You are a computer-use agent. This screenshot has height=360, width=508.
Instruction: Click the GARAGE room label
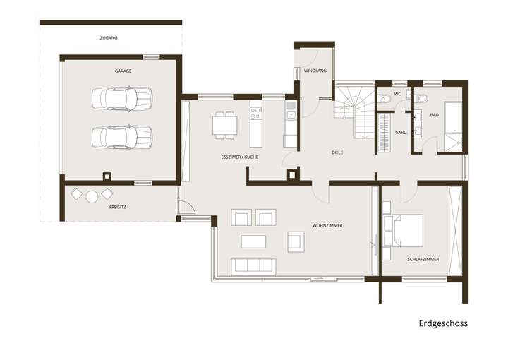coord(123,71)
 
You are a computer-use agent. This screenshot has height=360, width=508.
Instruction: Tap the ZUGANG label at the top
coord(109,37)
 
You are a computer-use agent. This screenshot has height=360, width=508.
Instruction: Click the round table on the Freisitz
coord(92,197)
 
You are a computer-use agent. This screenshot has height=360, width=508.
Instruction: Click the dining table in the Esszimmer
coord(225,125)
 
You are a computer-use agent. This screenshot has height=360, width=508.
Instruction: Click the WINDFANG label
coord(315,71)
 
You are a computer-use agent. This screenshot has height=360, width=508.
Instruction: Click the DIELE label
coord(337,152)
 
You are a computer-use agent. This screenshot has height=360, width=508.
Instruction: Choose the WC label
coord(397,94)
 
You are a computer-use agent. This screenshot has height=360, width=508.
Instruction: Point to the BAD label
coord(435,114)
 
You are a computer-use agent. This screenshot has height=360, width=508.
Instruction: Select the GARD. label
coord(401,132)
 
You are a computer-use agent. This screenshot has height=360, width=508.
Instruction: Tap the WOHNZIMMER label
coord(327,226)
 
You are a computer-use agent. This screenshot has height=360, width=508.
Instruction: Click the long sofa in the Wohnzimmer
coord(253,265)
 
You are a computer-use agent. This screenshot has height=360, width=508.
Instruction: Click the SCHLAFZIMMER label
coord(423,259)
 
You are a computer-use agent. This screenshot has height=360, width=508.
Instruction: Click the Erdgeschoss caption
coord(443,323)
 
